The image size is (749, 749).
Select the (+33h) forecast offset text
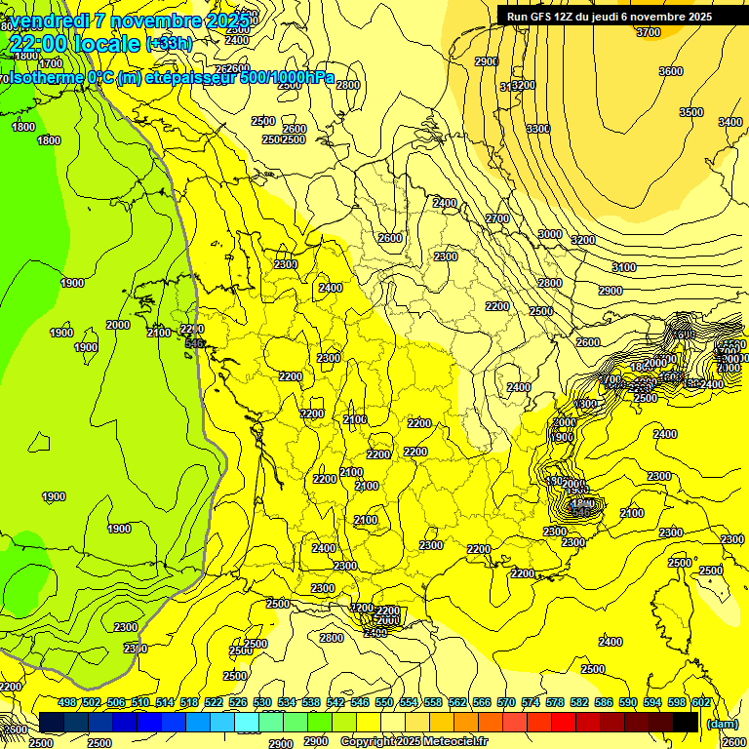click(169, 43)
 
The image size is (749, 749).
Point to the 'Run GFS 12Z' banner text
click(546, 17)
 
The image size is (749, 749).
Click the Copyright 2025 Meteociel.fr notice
click(414, 741)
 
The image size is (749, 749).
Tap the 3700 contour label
click(648, 32)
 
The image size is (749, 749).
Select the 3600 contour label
click(670, 71)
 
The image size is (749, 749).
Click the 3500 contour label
click(690, 112)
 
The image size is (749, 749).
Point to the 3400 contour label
click(729, 122)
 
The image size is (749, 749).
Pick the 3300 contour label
click(537, 129)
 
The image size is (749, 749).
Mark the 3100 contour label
click(623, 267)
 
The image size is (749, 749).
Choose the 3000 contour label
click(550, 234)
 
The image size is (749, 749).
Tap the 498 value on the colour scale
click(67, 702)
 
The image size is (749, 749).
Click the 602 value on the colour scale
click(700, 702)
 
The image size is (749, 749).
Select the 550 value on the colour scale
click(384, 702)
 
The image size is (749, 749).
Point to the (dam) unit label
click(722, 724)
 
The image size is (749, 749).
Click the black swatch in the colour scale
click(686, 722)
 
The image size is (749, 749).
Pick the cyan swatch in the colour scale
click(247, 722)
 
